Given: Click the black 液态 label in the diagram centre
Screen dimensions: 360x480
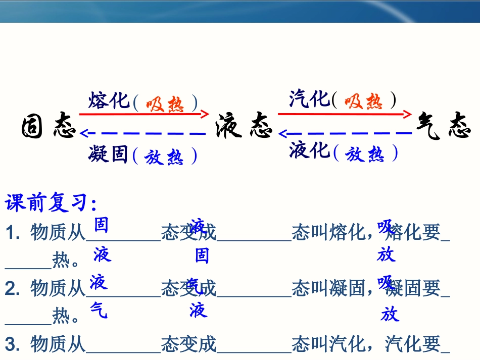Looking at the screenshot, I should pyautogui.click(x=244, y=126).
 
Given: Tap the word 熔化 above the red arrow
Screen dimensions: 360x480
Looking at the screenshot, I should pyautogui.click(x=109, y=100).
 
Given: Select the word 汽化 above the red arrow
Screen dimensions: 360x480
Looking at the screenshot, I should pyautogui.click(x=309, y=98).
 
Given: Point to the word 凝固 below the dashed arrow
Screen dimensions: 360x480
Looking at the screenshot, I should pyautogui.click(x=108, y=154).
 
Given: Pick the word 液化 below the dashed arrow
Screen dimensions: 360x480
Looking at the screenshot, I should pyautogui.click(x=309, y=150).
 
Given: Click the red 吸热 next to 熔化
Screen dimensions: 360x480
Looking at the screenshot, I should pyautogui.click(x=165, y=104).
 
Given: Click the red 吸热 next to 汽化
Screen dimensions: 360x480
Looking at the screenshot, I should pyautogui.click(x=364, y=101).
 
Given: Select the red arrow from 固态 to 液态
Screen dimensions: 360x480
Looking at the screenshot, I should pyautogui.click(x=144, y=114).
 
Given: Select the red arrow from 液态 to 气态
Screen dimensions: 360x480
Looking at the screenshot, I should pyautogui.click(x=345, y=114).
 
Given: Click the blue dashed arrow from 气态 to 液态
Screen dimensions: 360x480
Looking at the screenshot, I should pyautogui.click(x=345, y=134).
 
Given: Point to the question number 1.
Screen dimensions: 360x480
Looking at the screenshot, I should pyautogui.click(x=13, y=233).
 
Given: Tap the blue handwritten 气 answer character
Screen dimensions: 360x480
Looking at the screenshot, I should pyautogui.click(x=99, y=310).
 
